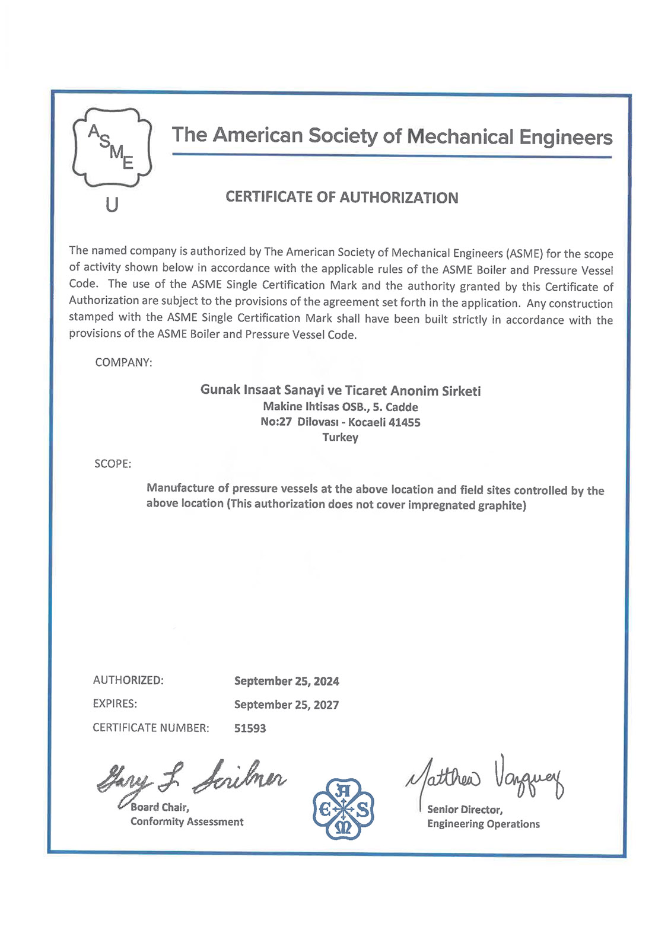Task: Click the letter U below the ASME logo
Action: click(112, 205)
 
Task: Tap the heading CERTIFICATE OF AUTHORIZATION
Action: click(342, 198)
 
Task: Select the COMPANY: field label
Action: click(123, 362)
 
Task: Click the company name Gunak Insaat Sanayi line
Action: click(341, 390)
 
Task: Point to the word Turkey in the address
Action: click(340, 438)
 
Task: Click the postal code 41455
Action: click(404, 422)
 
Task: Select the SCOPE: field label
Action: click(113, 464)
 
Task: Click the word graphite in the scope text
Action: click(502, 505)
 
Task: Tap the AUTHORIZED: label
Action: click(128, 680)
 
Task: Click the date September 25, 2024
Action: click(287, 681)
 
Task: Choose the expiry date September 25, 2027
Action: click(287, 705)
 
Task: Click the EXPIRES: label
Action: click(115, 704)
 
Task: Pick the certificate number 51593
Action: click(250, 728)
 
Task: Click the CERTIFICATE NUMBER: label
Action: click(151, 728)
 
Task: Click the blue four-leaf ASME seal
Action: click(344, 809)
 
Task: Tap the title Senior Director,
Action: click(465, 810)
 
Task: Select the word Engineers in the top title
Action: click(566, 137)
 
